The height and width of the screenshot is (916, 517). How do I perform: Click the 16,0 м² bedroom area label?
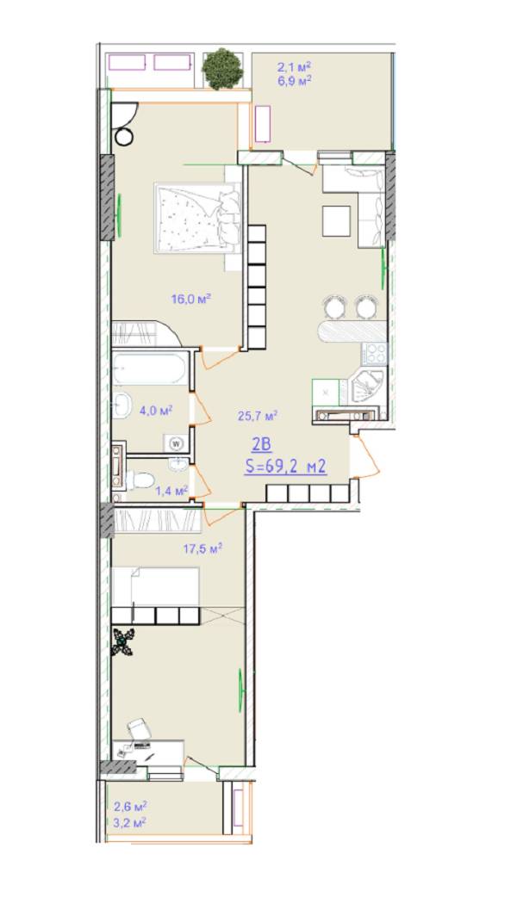(x=190, y=299)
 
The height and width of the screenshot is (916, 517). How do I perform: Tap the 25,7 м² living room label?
(x=258, y=416)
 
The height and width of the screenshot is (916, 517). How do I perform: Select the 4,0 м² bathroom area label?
(x=156, y=412)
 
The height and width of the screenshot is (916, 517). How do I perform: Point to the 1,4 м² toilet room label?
(x=171, y=490)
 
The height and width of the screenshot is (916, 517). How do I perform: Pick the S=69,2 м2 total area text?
(x=285, y=467)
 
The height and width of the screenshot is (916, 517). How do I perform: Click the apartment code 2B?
(x=261, y=445)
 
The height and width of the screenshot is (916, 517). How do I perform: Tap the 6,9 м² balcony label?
(x=294, y=80)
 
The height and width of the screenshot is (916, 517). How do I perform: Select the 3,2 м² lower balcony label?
(x=130, y=822)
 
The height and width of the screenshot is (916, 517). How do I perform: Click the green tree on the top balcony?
(x=222, y=69)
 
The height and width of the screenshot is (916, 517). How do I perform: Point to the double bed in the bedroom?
(x=197, y=218)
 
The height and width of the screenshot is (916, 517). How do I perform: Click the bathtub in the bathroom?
(x=150, y=368)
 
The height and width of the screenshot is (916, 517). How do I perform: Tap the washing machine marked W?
(x=176, y=443)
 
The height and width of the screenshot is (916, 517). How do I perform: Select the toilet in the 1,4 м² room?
(x=140, y=480)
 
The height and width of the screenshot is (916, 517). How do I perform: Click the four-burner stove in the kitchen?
(x=375, y=354)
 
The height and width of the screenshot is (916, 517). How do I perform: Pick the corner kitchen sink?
(x=367, y=387)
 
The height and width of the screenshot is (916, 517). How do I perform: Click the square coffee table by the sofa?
(x=336, y=220)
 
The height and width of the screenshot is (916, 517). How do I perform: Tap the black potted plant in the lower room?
(x=123, y=642)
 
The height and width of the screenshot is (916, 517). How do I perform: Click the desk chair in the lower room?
(x=140, y=728)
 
